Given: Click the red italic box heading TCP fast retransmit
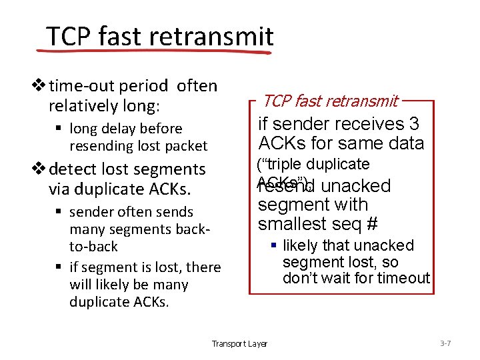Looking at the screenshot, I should click(330, 101).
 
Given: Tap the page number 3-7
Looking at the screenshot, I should click(445, 343).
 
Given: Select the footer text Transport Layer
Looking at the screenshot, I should click(239, 344).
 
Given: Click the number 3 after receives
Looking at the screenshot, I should click(415, 124).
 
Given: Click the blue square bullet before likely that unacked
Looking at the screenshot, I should click(273, 246).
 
